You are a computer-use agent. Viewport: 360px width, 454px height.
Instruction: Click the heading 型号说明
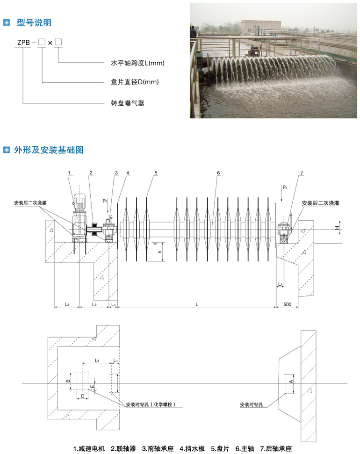34,22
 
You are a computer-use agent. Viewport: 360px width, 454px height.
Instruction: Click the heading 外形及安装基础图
49,150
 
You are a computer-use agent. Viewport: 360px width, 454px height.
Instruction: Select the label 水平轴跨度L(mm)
137,63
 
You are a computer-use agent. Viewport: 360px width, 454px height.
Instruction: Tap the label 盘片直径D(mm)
132,82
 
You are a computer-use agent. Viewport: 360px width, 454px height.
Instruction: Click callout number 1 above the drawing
69,173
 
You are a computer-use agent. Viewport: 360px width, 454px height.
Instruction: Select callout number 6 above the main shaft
218,173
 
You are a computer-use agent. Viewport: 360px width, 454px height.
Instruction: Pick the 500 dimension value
287,304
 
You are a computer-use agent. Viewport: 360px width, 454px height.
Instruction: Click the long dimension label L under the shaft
197,304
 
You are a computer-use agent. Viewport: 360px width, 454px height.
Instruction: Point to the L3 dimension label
67,304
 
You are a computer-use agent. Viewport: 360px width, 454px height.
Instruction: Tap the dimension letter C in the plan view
82,396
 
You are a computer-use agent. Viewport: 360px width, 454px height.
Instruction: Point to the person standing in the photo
193,33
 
